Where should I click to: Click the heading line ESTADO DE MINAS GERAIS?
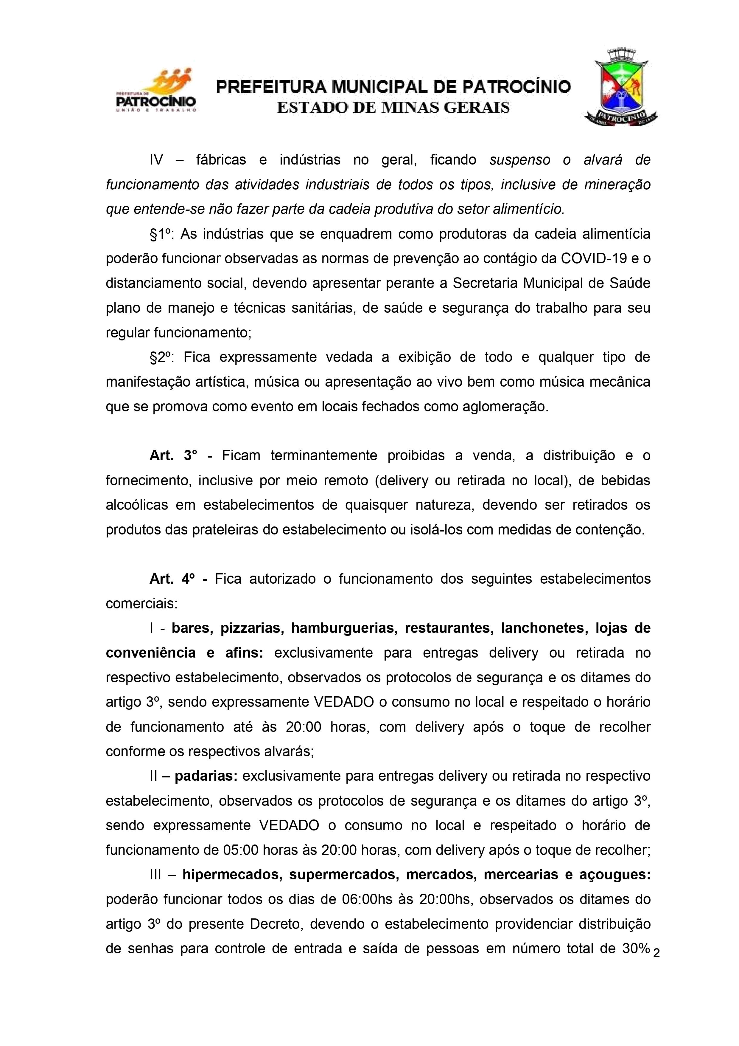coord(393,108)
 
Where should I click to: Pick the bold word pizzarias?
coord(252,628)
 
